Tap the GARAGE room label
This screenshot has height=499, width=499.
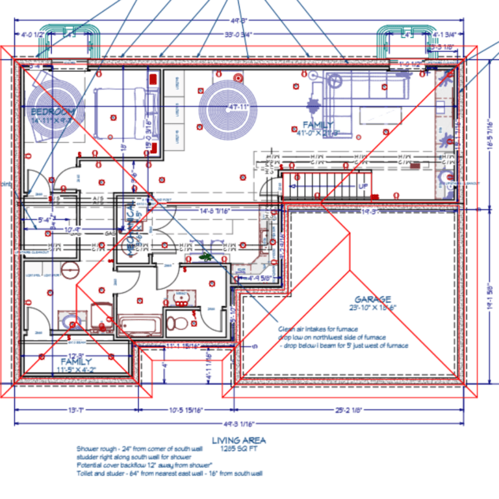372,299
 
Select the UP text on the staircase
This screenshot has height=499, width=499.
364,186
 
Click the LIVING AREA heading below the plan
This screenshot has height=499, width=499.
239,440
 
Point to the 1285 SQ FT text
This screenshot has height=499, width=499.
239,448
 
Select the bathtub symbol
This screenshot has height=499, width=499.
138,324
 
